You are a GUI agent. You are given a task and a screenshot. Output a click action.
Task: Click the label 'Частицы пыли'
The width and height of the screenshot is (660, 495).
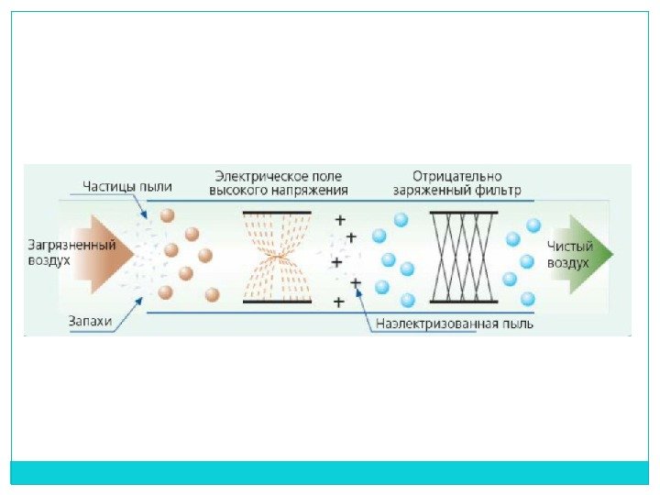pyautogui.click(x=126, y=186)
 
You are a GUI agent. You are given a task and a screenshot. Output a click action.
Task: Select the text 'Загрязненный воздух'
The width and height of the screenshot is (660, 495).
pyautogui.click(x=71, y=253)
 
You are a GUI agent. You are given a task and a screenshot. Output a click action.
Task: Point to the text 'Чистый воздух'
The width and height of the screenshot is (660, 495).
pyautogui.click(x=569, y=254)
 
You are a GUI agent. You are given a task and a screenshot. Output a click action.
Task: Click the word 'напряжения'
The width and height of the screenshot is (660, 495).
pyautogui.click(x=311, y=191)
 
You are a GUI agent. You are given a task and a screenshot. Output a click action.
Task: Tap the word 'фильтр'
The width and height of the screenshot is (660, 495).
pyautogui.click(x=498, y=192)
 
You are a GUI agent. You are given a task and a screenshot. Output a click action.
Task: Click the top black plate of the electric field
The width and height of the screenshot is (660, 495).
pyautogui.click(x=277, y=213)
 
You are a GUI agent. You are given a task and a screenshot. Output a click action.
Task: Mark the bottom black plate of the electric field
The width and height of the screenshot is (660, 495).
pyautogui.click(x=277, y=302)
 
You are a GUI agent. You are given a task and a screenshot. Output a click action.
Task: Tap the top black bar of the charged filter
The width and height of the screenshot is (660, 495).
pyautogui.click(x=463, y=213)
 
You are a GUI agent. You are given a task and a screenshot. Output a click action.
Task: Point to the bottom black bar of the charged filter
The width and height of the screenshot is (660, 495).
pyautogui.click(x=463, y=302)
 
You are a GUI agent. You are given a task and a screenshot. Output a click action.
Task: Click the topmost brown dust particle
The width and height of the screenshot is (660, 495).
pyautogui.click(x=167, y=216)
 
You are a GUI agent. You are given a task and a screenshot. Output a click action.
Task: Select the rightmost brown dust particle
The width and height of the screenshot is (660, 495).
pyautogui.click(x=213, y=294)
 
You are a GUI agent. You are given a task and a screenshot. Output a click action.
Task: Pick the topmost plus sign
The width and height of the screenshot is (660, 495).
pyautogui.click(x=339, y=221)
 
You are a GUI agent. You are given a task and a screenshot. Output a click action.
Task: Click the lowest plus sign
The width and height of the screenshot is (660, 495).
pyautogui.click(x=339, y=301)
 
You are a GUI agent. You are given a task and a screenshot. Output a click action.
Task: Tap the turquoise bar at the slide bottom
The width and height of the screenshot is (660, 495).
pyautogui.click(x=329, y=472)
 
